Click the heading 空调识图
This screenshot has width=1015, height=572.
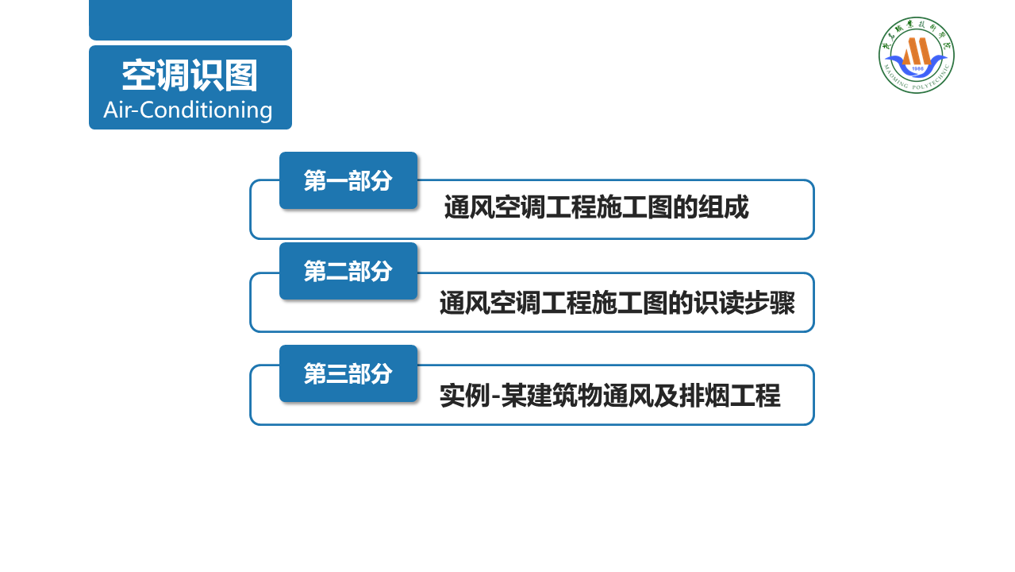pos(190,76)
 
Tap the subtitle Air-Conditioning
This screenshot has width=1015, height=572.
pos(188,110)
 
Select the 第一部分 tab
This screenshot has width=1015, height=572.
pos(348,180)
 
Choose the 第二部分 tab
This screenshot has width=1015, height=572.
pos(348,271)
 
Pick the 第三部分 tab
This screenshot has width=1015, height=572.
pos(348,373)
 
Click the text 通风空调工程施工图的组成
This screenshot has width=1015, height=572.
pos(596,208)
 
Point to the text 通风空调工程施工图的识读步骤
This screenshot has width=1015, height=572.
pos(617,303)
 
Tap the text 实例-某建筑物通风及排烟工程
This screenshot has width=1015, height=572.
pos(609,396)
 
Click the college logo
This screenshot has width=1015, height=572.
pos(917,55)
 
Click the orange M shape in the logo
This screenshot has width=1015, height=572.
pos(917,51)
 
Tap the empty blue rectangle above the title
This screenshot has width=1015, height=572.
pos(190,19)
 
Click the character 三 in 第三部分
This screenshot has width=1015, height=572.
pos(337,373)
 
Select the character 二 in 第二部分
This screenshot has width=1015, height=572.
pos(337,271)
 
